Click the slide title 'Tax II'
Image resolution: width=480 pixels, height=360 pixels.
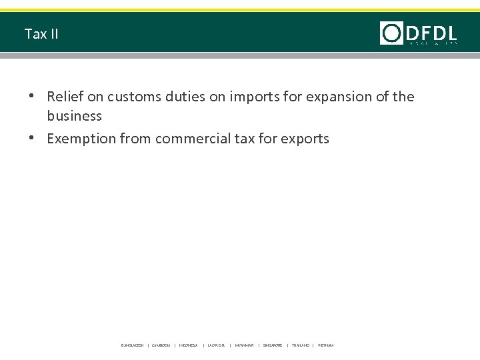[x=41, y=33]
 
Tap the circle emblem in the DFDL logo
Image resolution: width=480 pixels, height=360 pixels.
[x=391, y=33]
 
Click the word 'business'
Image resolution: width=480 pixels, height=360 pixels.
[x=75, y=116]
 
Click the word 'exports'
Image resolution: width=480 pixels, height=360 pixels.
[x=304, y=139]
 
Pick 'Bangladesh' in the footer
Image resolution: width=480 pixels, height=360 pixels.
[x=132, y=345]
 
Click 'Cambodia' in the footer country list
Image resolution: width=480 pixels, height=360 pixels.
[x=161, y=345]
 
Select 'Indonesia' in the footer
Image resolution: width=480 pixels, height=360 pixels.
[x=189, y=345]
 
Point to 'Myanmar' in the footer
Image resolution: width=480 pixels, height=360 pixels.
[x=244, y=345]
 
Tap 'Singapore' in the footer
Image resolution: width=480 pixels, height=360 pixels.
[x=273, y=345]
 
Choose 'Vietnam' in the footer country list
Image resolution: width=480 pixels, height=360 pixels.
[x=326, y=345]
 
